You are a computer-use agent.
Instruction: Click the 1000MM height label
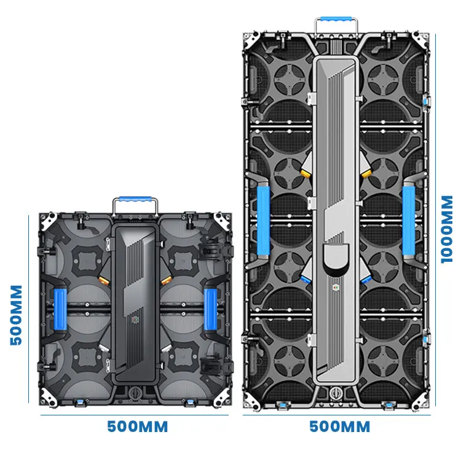point(447,229)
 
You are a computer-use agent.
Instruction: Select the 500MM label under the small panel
point(137,427)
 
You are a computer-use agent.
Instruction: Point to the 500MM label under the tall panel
point(339,427)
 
